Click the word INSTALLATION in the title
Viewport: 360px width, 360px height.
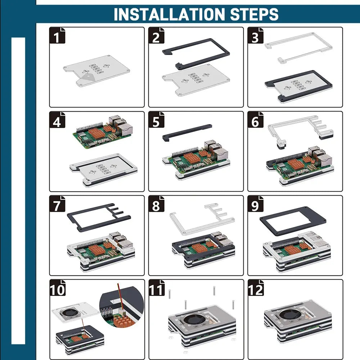tap(169, 14)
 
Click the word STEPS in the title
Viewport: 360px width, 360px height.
tap(254, 14)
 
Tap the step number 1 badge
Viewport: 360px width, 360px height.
tap(57, 35)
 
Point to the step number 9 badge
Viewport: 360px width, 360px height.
tap(256, 204)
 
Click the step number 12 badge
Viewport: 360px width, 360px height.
tap(256, 288)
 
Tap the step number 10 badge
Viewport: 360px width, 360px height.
tap(57, 288)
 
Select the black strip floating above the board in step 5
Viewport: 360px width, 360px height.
tap(187, 132)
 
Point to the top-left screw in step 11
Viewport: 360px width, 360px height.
tap(170, 294)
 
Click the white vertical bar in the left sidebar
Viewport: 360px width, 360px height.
tap(18, 191)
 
